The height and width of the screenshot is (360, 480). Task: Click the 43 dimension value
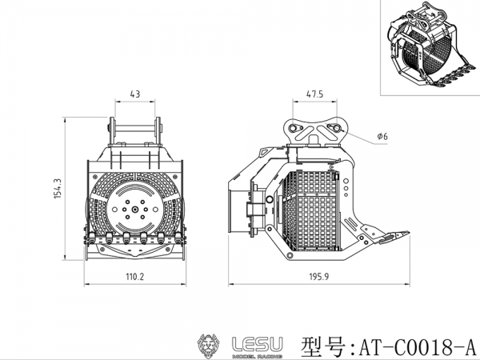click(x=135, y=94)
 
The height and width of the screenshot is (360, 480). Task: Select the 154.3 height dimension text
click(x=58, y=189)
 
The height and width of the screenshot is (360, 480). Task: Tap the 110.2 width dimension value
click(x=135, y=277)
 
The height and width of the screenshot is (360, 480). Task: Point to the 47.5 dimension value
click(x=314, y=94)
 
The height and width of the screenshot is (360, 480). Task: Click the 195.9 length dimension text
click(x=319, y=277)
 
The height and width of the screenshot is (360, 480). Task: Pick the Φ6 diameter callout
click(x=382, y=136)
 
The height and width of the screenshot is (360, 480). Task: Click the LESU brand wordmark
click(x=258, y=344)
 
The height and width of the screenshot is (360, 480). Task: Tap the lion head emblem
click(x=208, y=346)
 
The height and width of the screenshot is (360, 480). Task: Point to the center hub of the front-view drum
click(x=135, y=210)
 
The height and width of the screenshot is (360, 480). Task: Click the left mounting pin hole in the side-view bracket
click(x=293, y=128)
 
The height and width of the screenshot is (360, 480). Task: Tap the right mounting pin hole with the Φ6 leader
click(x=337, y=128)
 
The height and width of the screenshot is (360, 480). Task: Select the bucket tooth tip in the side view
click(x=409, y=234)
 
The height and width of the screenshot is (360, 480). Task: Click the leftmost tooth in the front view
click(x=91, y=238)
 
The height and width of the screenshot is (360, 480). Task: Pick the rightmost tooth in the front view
click(x=178, y=238)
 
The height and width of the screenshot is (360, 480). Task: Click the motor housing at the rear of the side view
click(x=238, y=211)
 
